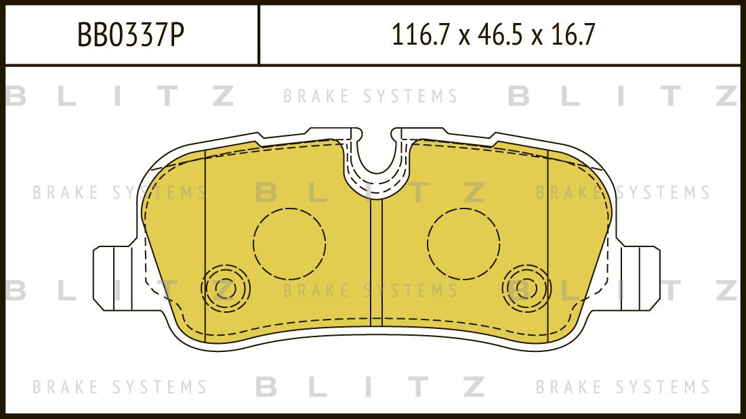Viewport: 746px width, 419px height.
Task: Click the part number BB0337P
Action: tap(131, 35)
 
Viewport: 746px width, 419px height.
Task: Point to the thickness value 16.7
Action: tap(573, 35)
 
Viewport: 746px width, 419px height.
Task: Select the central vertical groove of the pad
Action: tap(377, 264)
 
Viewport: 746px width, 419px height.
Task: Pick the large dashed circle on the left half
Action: tap(289, 242)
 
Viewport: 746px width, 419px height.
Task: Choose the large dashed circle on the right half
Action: tap(463, 242)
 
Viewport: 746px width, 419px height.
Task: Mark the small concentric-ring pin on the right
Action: tap(526, 288)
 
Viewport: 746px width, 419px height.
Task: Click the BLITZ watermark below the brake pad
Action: tap(371, 387)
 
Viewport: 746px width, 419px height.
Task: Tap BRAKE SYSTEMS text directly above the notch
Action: tap(371, 97)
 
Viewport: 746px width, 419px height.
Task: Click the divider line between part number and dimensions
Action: tap(259, 35)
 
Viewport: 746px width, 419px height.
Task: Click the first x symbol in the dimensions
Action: tap(463, 36)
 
